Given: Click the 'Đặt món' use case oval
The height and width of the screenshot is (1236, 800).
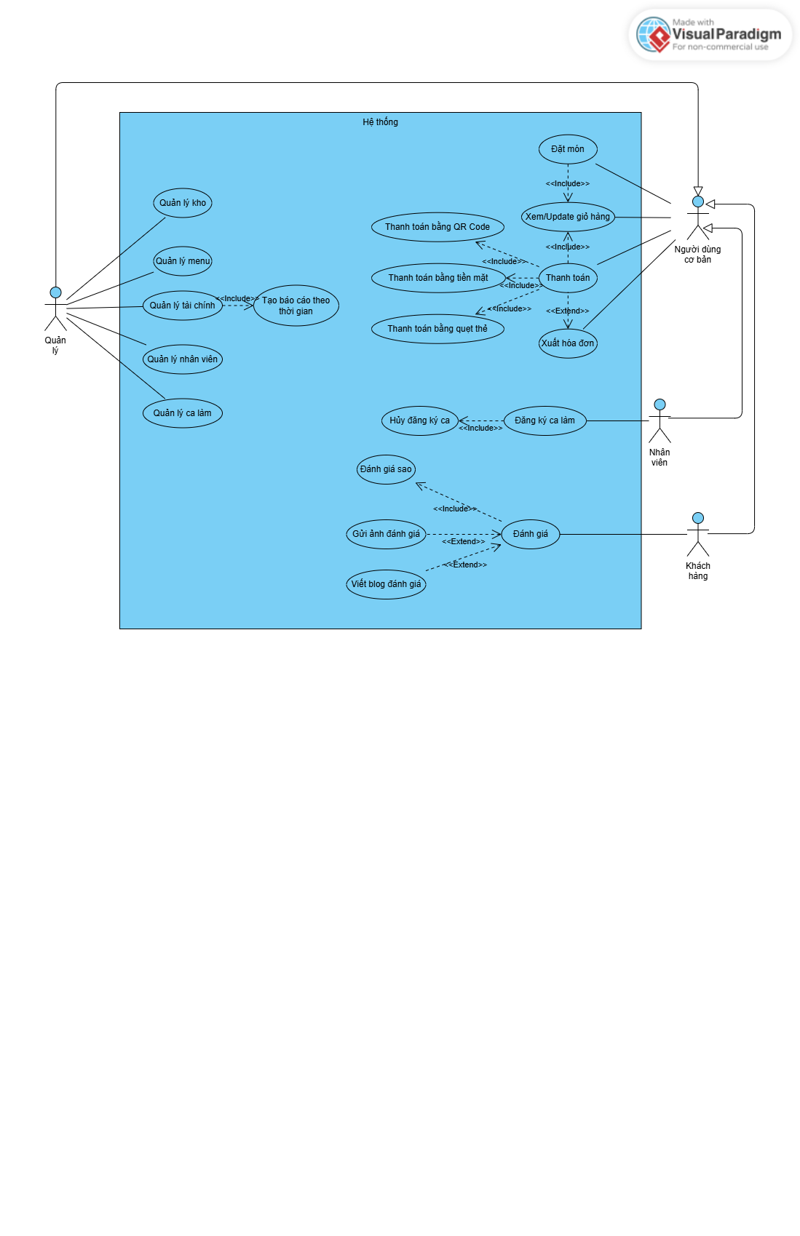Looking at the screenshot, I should click(x=568, y=149).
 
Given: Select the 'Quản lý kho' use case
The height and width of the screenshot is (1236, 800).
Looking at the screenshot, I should click(x=183, y=203).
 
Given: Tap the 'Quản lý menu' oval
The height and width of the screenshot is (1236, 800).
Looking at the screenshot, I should click(x=183, y=261).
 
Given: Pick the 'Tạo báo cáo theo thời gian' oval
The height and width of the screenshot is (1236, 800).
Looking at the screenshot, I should click(x=296, y=306).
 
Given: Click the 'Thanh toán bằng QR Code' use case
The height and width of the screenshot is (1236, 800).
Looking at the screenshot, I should click(x=437, y=227).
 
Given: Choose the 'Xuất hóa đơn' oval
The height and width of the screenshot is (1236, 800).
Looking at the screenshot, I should click(x=568, y=343).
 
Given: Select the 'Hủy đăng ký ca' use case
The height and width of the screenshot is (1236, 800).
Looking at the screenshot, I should click(x=419, y=420).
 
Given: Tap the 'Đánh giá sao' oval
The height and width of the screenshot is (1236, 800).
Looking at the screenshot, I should click(x=386, y=469).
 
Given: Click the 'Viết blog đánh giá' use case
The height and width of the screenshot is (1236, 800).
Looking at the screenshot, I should click(x=386, y=584).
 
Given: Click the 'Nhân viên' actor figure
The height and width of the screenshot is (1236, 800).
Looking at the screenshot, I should click(x=660, y=421).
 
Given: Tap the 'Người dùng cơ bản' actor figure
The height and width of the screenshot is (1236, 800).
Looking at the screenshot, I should click(x=698, y=218).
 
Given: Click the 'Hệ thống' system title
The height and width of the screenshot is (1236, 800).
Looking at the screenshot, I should click(x=380, y=122).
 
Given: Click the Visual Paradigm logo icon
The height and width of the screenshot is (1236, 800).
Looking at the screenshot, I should click(x=654, y=35).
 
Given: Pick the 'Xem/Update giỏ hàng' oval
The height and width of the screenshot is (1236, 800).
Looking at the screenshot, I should click(x=568, y=217).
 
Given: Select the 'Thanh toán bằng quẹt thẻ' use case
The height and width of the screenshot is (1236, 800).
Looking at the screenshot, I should click(x=437, y=329).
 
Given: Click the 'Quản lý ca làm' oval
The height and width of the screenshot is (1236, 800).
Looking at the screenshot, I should click(x=183, y=413).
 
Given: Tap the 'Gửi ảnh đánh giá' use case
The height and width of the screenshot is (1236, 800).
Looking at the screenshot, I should click(x=386, y=534).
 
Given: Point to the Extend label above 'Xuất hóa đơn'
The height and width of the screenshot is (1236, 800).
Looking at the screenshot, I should click(x=568, y=311).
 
